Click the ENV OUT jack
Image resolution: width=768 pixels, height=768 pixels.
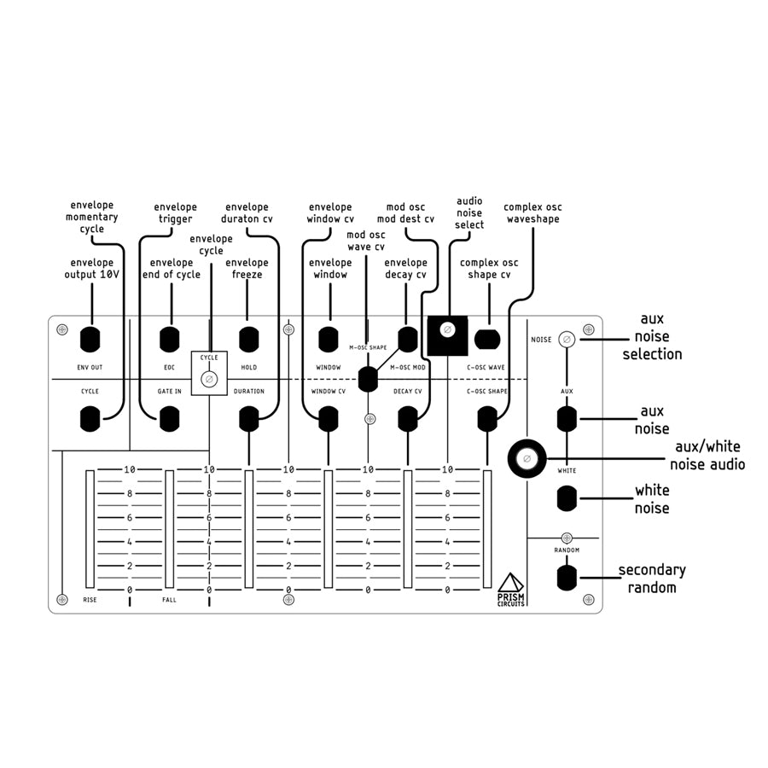(x=90, y=339)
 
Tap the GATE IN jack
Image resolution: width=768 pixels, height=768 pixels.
(x=170, y=419)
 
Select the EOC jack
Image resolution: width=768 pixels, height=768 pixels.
(x=170, y=339)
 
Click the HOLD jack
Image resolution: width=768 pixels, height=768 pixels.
(x=249, y=339)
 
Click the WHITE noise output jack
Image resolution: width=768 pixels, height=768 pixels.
(x=567, y=498)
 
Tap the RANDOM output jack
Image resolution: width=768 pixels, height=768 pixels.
(x=567, y=578)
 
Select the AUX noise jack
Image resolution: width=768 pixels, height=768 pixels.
(x=567, y=419)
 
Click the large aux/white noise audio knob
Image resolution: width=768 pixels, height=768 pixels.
(x=527, y=458)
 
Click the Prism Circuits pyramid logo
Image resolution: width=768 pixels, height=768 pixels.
(x=511, y=583)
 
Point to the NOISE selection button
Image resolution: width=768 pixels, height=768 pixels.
(x=567, y=339)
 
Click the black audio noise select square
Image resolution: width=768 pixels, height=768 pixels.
(x=448, y=335)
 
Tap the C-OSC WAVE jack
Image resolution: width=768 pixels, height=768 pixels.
(x=487, y=339)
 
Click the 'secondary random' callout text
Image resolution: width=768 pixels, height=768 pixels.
(x=652, y=579)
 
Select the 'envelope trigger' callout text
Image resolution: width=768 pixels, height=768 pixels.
(x=175, y=213)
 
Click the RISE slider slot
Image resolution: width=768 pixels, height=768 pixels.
(x=90, y=529)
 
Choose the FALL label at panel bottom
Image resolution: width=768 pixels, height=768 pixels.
(x=170, y=600)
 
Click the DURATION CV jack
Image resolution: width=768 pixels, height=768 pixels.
(x=249, y=419)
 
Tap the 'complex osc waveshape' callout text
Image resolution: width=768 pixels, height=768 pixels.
(x=532, y=213)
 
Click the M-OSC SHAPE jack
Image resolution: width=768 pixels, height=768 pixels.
(x=368, y=379)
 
